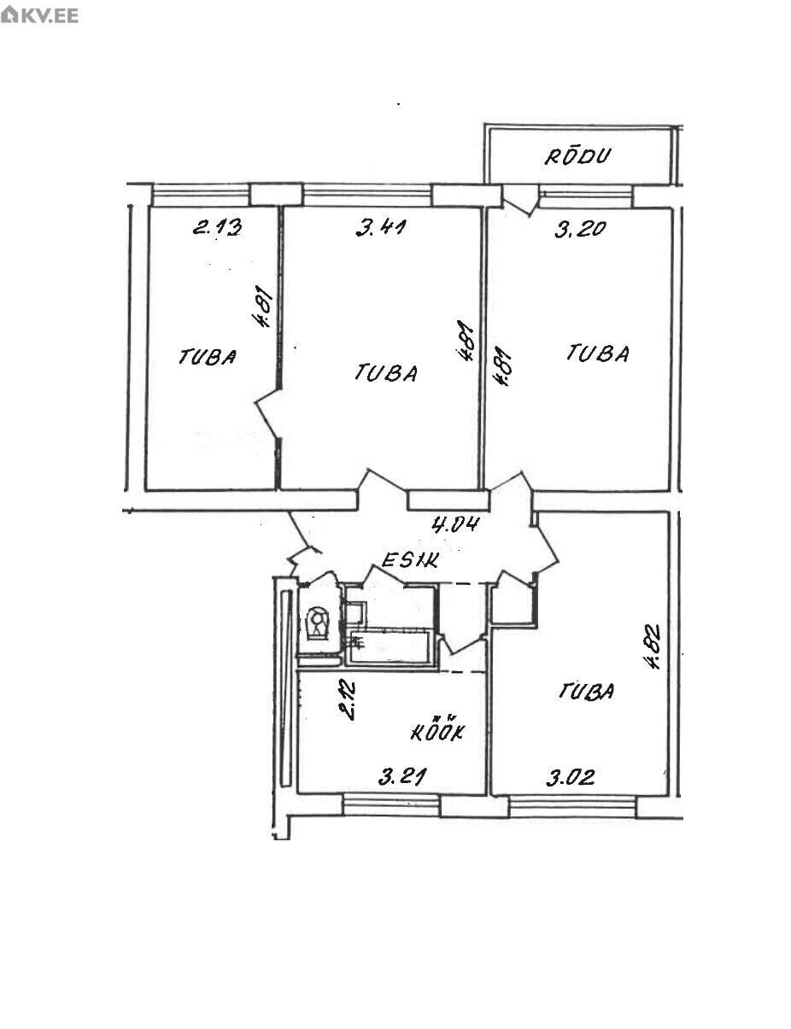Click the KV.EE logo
[x=40, y=15]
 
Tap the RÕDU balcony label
[x=577, y=157]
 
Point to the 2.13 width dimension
[x=218, y=227]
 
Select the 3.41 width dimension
[x=381, y=228]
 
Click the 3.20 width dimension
[x=580, y=229]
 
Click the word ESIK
[x=410, y=561]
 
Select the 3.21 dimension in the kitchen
[x=402, y=777]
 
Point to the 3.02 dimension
[x=571, y=778]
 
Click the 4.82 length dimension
[x=653, y=646]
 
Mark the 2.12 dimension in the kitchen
[x=347, y=700]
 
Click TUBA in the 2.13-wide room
[x=208, y=357]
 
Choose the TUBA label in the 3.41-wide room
[x=386, y=372]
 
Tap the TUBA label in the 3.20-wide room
[x=598, y=354]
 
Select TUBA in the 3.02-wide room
[x=586, y=692]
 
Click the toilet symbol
[x=318, y=622]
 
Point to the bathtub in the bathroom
[x=390, y=646]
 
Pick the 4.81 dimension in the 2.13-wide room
[x=263, y=306]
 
